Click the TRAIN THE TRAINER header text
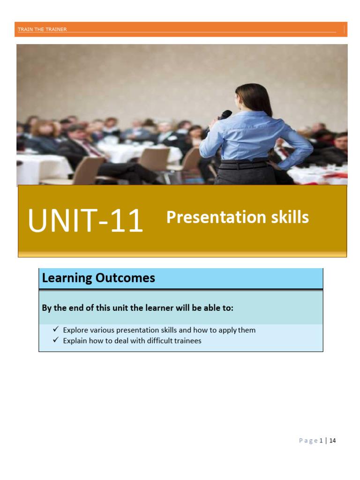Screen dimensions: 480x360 42,30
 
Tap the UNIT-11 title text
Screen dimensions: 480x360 85,221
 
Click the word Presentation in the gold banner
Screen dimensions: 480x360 210,217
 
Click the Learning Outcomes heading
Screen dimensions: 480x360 98,278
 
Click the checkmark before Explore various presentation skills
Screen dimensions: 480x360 56,330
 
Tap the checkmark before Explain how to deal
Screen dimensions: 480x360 56,341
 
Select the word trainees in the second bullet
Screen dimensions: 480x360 187,341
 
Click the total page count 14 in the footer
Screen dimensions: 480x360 333,441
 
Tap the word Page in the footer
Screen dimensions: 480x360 308,441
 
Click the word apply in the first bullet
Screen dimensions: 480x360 227,330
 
